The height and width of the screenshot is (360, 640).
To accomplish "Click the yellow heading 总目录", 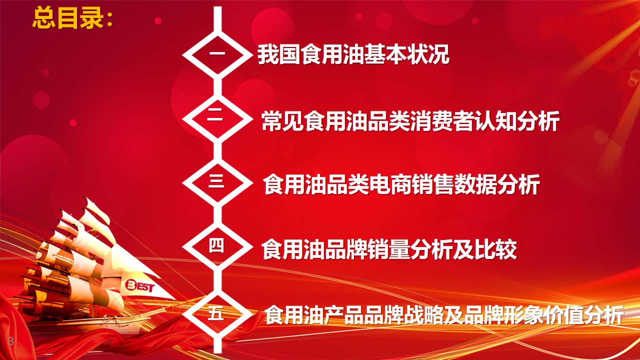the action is tap(68, 18).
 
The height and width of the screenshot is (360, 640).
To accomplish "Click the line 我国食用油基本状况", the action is tap(353, 54).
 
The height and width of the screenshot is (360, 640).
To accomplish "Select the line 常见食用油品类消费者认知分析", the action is tap(410, 121).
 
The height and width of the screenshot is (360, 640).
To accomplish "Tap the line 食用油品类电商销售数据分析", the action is tap(401, 185).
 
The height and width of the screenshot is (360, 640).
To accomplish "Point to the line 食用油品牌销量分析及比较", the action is tap(389, 249).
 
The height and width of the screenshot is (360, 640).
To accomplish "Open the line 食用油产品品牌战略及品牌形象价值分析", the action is tap(443, 314).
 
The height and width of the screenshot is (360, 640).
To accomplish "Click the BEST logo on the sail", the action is tap(139, 286).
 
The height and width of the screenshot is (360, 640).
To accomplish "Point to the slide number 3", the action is tap(11, 341).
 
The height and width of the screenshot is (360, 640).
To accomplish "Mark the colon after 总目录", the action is tap(109, 19).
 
